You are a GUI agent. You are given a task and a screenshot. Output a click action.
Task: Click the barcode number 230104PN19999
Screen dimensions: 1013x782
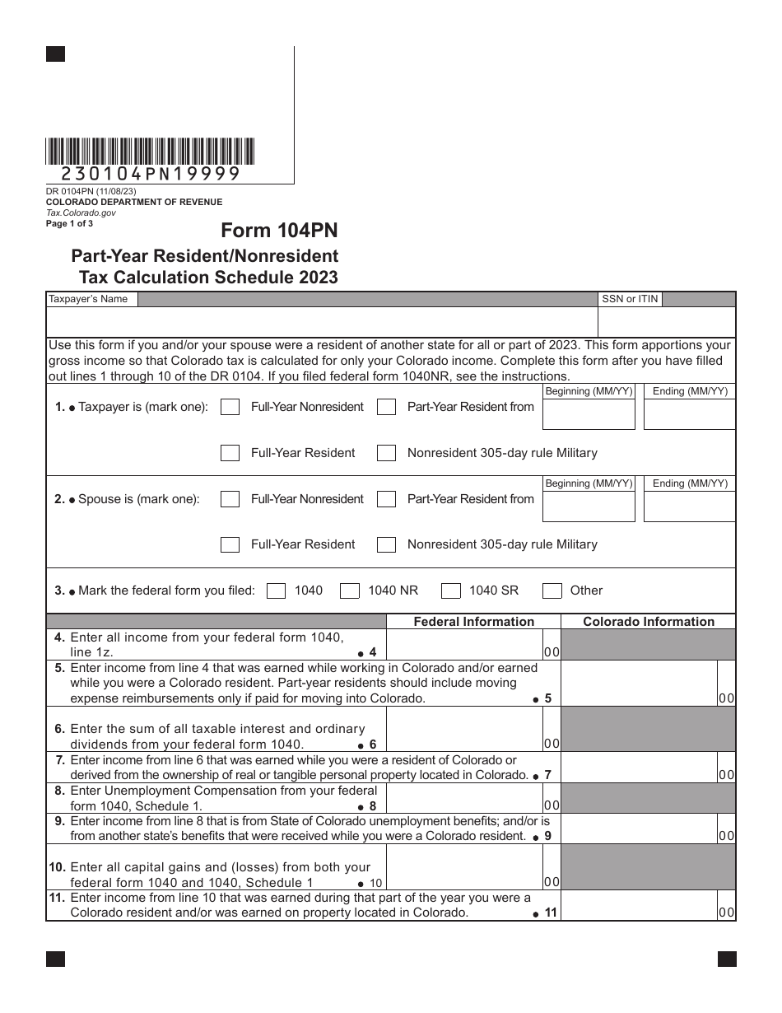point(151,174)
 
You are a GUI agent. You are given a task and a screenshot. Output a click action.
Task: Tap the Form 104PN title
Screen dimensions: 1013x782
point(279,231)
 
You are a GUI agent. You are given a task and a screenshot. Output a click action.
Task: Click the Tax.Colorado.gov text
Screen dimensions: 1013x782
point(81,212)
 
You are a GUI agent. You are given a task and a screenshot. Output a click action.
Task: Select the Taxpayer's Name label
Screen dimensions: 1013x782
point(88,299)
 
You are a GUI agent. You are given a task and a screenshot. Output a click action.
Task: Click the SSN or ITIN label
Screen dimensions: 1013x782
point(630,299)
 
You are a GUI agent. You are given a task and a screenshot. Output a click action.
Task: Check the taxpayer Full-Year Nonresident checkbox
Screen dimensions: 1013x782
point(231,407)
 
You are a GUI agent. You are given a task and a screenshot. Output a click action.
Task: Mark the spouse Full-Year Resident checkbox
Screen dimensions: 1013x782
point(231,544)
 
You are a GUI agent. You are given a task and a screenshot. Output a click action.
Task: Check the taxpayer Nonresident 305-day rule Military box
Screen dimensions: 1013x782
point(386,453)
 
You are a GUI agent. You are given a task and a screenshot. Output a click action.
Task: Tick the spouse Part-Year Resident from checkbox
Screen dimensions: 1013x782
point(386,499)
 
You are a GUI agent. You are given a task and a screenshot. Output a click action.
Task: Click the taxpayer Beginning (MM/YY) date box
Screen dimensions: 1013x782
point(589,414)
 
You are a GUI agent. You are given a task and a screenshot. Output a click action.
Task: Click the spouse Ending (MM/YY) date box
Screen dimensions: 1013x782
point(689,506)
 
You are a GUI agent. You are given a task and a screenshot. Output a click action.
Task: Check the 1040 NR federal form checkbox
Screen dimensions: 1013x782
point(350,591)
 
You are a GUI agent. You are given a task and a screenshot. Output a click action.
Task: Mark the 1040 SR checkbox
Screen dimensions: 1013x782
point(450,591)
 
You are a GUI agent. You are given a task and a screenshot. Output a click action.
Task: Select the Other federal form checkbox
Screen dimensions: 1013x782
point(552,591)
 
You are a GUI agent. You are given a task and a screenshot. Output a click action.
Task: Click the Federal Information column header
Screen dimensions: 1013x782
point(473,622)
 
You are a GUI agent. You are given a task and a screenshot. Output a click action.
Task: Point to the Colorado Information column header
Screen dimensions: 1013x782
point(649,622)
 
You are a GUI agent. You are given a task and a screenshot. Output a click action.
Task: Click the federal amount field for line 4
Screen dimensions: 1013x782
point(463,645)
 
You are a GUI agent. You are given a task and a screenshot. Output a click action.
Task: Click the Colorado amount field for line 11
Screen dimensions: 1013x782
point(638,905)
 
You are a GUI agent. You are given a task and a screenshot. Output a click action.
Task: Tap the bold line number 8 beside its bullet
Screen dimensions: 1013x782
point(372,806)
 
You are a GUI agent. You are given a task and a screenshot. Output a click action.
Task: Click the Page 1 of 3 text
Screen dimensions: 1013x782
point(69,223)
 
